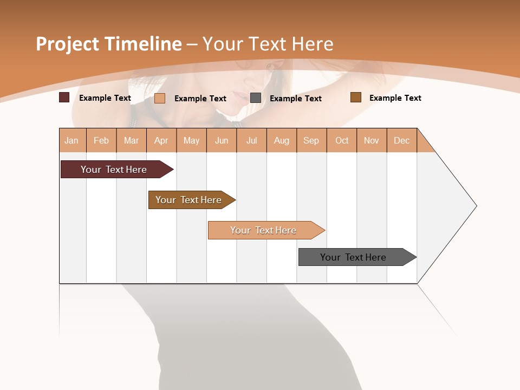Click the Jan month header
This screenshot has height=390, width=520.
[72, 140]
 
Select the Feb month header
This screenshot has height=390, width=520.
[101, 140]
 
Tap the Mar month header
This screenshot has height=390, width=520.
[131, 140]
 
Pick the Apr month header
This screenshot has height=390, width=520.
[161, 140]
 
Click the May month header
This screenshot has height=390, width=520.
[191, 140]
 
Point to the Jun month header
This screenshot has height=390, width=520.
[222, 140]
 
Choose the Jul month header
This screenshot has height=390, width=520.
[251, 140]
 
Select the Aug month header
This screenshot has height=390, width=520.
[282, 140]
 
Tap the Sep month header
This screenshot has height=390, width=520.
[311, 140]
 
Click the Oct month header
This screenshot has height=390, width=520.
[342, 140]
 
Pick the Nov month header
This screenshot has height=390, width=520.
[372, 140]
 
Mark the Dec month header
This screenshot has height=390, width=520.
[402, 140]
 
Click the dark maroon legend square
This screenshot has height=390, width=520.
[64, 97]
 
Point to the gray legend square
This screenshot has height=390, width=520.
[256, 97]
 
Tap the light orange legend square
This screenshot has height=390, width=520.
[160, 98]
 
